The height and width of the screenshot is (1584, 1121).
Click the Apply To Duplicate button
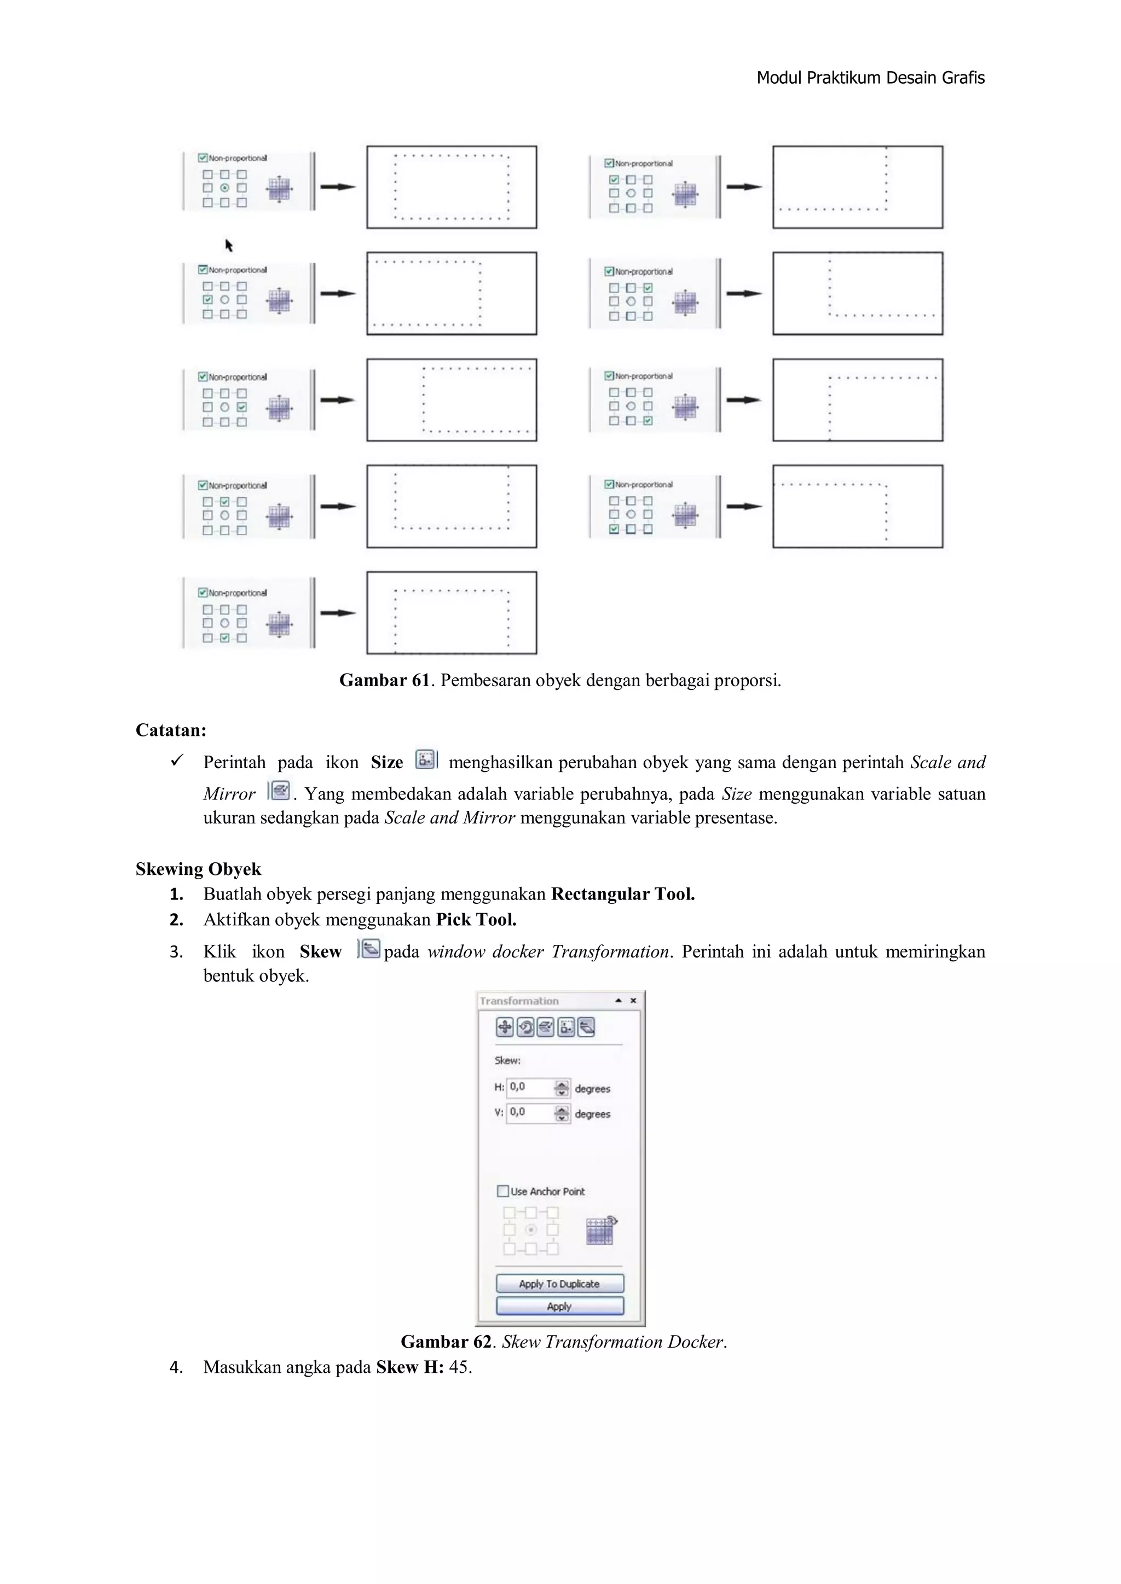pyautogui.click(x=559, y=1283)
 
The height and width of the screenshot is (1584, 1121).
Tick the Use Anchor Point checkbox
pyautogui.click(x=503, y=1191)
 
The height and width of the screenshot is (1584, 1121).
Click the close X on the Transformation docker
pyautogui.click(x=633, y=1000)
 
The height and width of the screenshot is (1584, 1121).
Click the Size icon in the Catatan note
pyautogui.click(x=426, y=759)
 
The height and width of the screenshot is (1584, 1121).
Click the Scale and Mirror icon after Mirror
pyautogui.click(x=279, y=791)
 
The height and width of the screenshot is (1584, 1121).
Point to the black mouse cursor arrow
pyautogui.click(x=228, y=245)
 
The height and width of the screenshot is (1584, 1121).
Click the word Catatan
pyautogui.click(x=170, y=730)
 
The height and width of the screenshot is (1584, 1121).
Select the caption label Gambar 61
pyautogui.click(x=384, y=680)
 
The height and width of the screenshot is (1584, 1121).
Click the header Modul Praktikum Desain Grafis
pyautogui.click(x=870, y=78)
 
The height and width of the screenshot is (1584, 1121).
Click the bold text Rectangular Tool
pyautogui.click(x=622, y=894)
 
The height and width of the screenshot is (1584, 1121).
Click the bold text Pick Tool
pyautogui.click(x=476, y=920)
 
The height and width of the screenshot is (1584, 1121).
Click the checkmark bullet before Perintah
pyautogui.click(x=177, y=761)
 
